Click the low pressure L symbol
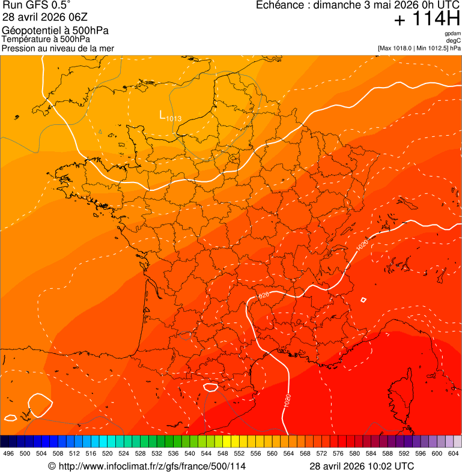pyautogui.click(x=162, y=114)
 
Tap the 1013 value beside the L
pyautogui.click(x=174, y=118)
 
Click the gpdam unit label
pyautogui.click(x=452, y=34)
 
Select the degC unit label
pyautogui.click(x=454, y=40)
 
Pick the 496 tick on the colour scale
pyautogui.click(x=8, y=454)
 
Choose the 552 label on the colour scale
pyautogui.click(x=239, y=454)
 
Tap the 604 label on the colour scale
pyautogui.click(x=453, y=454)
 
